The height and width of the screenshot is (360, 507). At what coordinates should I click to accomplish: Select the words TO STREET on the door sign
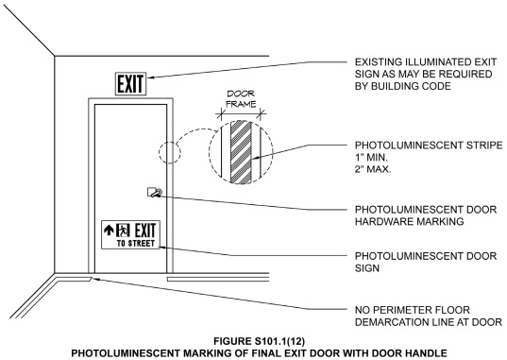tap(133, 243)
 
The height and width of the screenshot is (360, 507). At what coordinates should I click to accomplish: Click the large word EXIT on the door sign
tap(144, 229)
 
